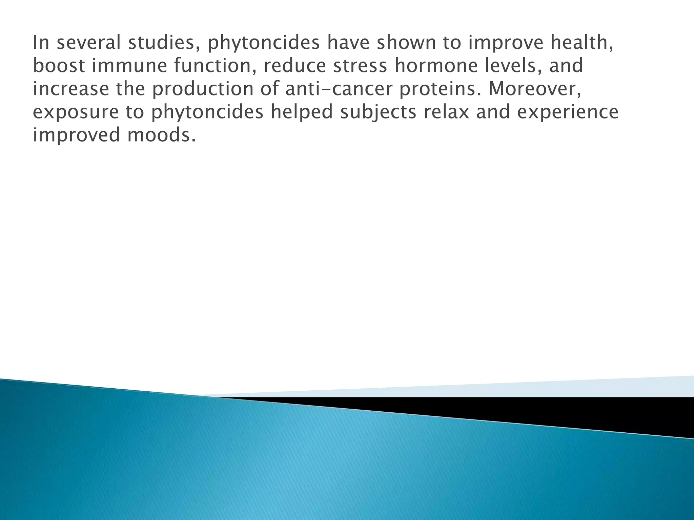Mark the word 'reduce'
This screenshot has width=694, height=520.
294,66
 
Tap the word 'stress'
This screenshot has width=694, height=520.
360,66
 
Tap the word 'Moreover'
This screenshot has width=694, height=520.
534,89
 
